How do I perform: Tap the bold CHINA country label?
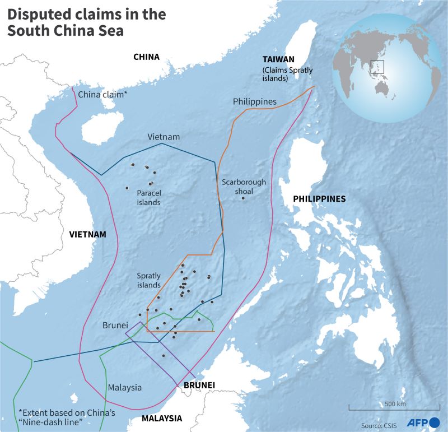pos(146,57)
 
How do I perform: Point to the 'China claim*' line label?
pos(102,94)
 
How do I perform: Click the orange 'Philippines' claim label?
pos(255,101)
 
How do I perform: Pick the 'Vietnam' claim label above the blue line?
pos(164,137)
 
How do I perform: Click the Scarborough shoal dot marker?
pos(243,198)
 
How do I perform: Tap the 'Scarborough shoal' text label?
pos(244,187)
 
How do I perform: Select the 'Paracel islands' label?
pos(148,197)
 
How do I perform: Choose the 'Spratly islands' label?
pos(149,280)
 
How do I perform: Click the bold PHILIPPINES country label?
pos(320,199)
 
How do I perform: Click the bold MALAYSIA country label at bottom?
pos(162,418)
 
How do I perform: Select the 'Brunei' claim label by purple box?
pos(115,325)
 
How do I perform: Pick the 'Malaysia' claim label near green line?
pos(125,387)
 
